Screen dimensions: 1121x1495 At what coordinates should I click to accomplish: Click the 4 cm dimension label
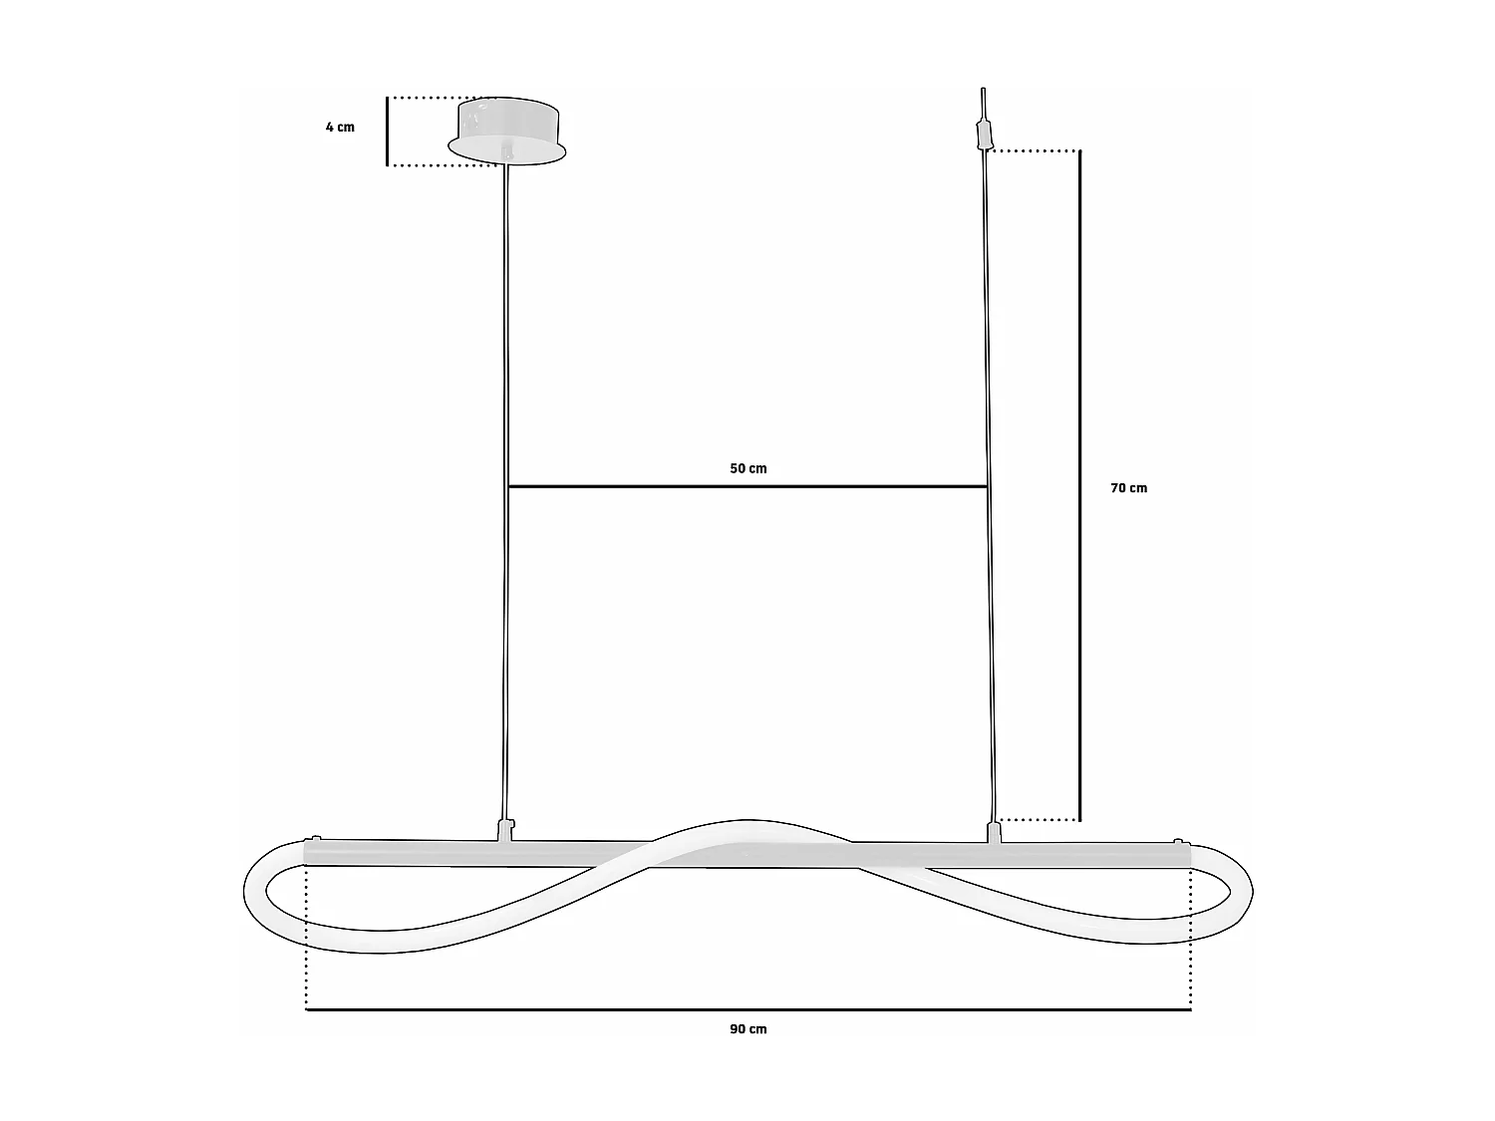click(x=340, y=128)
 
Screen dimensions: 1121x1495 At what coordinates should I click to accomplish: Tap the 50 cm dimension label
click(x=748, y=468)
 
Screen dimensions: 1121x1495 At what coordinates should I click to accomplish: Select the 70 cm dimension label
click(x=1128, y=488)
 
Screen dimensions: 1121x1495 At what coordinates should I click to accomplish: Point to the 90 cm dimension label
click(x=748, y=1029)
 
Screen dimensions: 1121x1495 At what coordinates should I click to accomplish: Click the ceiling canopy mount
click(x=506, y=130)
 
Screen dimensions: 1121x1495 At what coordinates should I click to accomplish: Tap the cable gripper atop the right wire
click(x=984, y=133)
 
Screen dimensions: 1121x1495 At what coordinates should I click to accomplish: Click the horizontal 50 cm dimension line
click(x=747, y=486)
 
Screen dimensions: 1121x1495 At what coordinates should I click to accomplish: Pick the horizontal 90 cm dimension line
click(x=747, y=1009)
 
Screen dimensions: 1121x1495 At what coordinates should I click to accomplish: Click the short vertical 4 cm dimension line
click(x=387, y=131)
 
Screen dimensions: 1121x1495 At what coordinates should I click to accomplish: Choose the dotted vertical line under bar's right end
click(x=1190, y=937)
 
